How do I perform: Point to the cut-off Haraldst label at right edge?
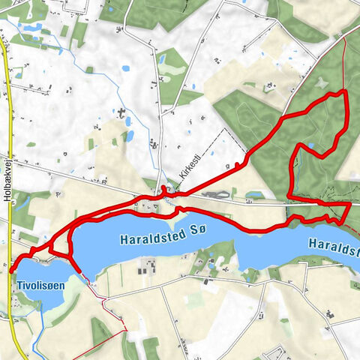pos(333,244)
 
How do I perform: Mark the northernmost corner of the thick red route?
pos(344,91)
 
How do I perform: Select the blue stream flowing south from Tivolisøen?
pos(44,330)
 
